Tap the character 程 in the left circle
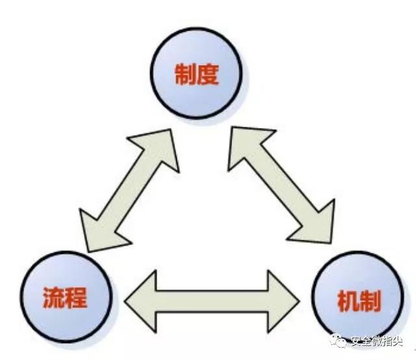(x=76, y=298)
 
